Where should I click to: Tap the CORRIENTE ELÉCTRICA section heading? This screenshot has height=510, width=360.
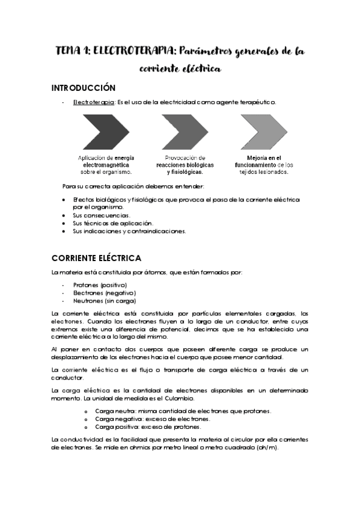tap(96, 259)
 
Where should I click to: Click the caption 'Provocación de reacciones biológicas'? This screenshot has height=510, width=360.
tap(185, 164)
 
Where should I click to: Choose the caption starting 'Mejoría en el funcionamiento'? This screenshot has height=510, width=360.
tap(264, 164)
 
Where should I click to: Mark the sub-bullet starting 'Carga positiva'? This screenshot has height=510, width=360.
tap(148, 426)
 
